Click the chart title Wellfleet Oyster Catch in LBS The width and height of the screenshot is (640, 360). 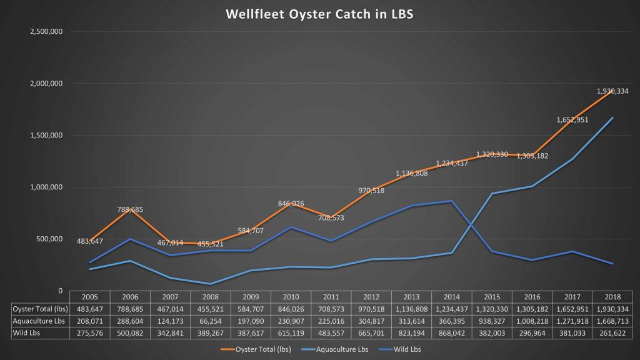(319, 14)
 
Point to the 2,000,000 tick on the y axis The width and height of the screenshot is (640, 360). (45, 84)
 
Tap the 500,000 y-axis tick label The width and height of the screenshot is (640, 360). (47, 239)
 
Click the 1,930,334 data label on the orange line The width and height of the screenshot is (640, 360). (612, 91)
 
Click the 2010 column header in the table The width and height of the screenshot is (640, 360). (291, 297)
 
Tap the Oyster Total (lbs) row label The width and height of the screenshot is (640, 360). (39, 309)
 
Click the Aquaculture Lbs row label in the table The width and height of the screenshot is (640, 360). (39, 321)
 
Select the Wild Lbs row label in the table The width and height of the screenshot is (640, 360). (39, 332)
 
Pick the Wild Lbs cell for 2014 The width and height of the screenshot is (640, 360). (452, 332)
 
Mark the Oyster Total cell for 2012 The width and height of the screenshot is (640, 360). (372, 309)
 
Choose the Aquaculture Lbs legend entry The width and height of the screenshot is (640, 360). (343, 349)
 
